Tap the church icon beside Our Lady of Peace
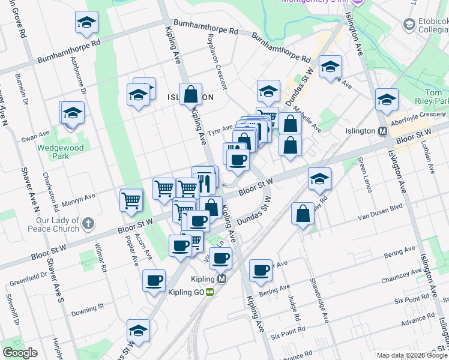click(88, 224)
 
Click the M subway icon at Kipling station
click(222, 279)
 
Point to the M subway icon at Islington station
click(382, 131)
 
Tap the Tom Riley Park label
click(437, 97)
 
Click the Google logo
click(20, 353)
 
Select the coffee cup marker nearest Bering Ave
click(261, 271)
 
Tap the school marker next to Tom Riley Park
click(387, 100)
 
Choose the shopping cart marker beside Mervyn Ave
click(131, 200)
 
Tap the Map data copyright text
click(412, 355)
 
